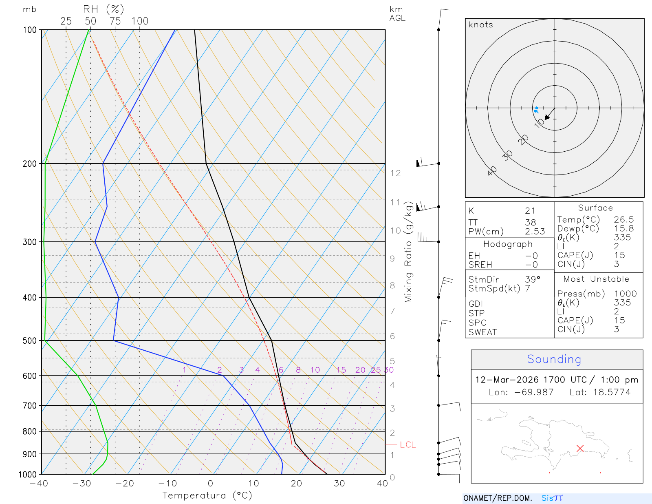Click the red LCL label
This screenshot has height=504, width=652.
[407, 444]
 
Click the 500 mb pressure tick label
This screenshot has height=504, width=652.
[30, 340]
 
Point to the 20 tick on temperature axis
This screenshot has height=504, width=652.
[296, 484]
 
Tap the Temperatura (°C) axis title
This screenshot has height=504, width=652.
[207, 495]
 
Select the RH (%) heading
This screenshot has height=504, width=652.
[104, 9]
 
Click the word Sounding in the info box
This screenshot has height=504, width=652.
[554, 359]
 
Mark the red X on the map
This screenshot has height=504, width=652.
[580, 448]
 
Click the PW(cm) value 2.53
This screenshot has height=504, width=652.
[535, 232]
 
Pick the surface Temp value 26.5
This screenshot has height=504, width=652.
[624, 220]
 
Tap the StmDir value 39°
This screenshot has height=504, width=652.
[533, 279]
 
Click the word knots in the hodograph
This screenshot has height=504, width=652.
[481, 25]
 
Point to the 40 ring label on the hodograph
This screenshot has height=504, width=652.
[492, 171]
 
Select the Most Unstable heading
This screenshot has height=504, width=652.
[596, 279]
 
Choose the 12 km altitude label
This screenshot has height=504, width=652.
[395, 173]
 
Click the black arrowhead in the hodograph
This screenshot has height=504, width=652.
[548, 117]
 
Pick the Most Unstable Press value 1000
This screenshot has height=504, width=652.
[625, 294]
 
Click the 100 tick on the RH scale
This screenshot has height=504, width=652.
[140, 21]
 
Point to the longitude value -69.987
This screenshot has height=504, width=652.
[533, 392]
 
